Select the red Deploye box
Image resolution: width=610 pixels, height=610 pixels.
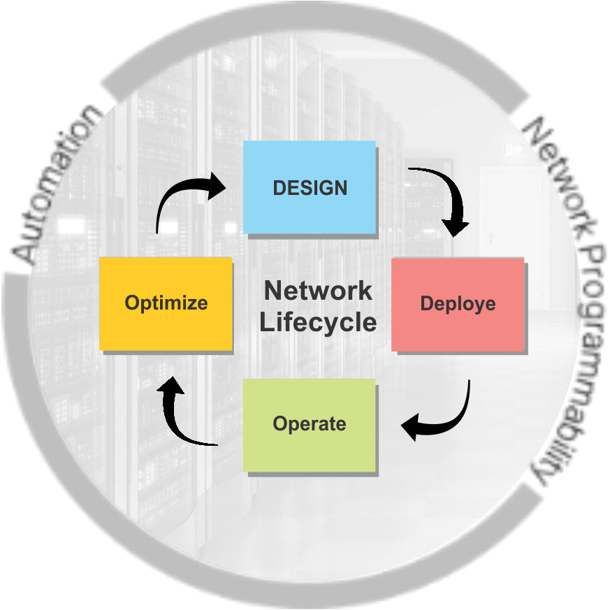tap(458, 304)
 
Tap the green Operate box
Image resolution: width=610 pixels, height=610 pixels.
tap(309, 424)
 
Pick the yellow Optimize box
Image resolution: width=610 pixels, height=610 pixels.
tap(166, 303)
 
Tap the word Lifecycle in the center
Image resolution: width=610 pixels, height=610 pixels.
tap(318, 322)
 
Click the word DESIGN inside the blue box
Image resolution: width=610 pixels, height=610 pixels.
tap(310, 188)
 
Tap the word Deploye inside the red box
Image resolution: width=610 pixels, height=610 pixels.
tap(458, 304)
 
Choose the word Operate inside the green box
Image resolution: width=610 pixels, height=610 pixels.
tap(309, 424)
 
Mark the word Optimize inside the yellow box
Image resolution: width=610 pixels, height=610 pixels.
tap(166, 303)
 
